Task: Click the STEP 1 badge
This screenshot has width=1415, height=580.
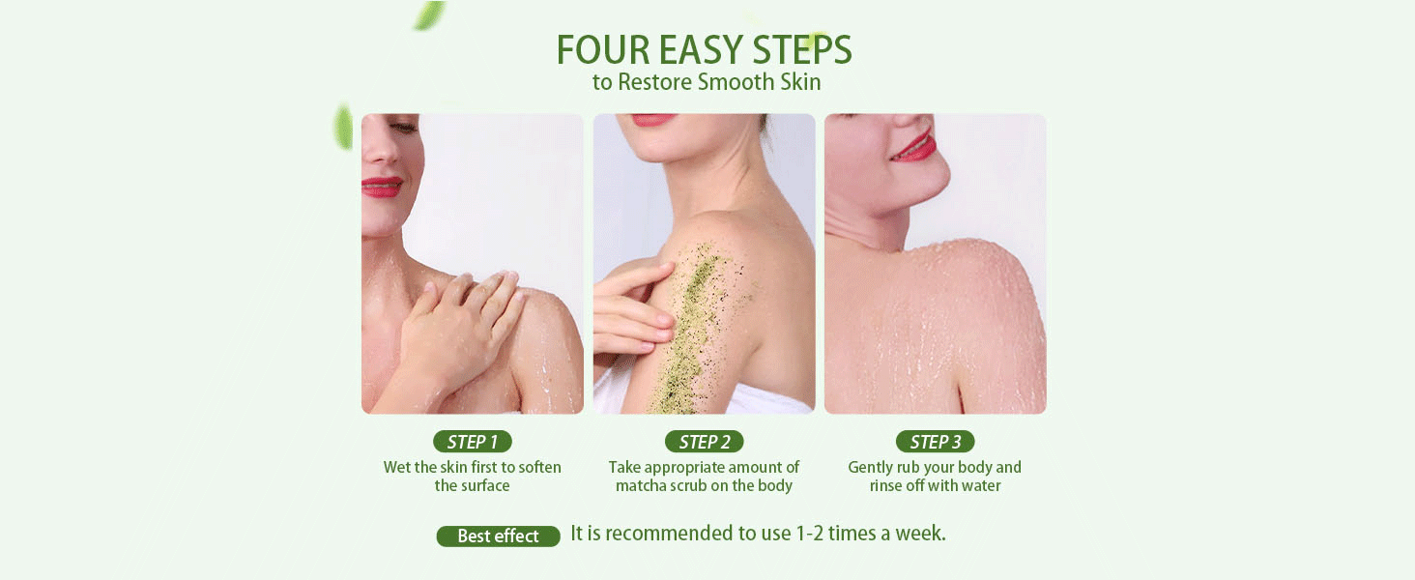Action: point(473,442)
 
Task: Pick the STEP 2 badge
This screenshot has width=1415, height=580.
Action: point(705,442)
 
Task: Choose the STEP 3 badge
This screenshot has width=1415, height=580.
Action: point(936,442)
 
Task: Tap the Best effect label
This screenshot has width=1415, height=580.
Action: point(498,536)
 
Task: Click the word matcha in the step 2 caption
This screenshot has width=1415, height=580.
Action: point(643,485)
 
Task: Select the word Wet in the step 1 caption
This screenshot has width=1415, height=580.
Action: point(397,467)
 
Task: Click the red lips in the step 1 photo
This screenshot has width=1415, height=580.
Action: point(381,187)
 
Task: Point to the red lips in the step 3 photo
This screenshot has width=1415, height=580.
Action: point(914,146)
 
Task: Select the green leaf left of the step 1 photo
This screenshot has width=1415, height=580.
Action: point(342,127)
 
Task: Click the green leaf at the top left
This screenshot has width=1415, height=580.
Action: point(428,14)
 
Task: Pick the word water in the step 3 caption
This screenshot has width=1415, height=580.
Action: point(978,485)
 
